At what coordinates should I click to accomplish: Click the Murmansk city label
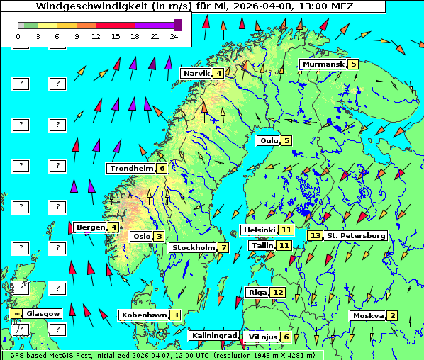pos(323,64)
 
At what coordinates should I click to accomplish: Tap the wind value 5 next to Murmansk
pos(352,64)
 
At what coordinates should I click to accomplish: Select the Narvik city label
pos(196,74)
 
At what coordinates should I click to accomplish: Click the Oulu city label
pos(269,140)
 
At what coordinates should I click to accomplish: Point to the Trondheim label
pos(131,169)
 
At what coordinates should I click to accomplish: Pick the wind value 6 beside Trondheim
pos(162,169)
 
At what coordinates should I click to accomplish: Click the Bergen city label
pos(90,227)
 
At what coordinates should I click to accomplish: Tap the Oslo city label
pos(141,237)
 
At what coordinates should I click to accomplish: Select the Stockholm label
pos(193,248)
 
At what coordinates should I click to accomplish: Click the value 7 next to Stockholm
pos(223,248)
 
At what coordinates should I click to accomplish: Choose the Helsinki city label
pos(259,230)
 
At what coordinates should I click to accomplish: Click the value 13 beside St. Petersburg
pos(315,235)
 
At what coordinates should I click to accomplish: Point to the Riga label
pos(257,292)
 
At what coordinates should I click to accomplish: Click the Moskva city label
pos(368,316)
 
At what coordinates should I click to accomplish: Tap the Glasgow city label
pos(44,313)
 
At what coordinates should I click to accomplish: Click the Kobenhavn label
pos(144,315)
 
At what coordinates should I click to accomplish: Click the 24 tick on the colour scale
pos(174,36)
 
